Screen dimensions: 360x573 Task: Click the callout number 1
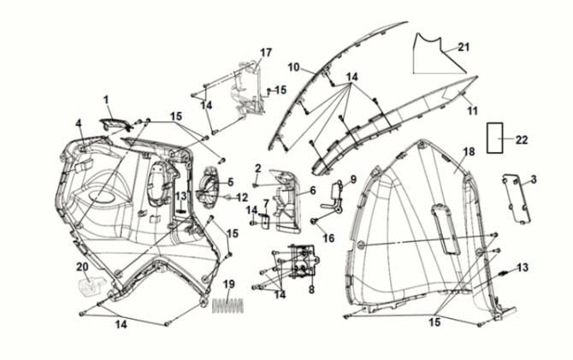tap(107, 100)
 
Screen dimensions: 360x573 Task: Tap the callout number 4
tap(78, 124)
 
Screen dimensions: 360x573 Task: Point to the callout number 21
tap(464, 47)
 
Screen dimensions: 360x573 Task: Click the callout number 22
tap(522, 138)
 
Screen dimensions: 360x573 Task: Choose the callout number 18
tap(468, 151)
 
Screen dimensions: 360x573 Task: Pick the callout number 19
tap(228, 284)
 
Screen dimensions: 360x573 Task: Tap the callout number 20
tap(82, 267)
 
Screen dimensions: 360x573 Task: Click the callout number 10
tap(292, 67)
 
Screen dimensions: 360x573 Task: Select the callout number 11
tap(470, 110)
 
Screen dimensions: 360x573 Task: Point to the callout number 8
tap(310, 290)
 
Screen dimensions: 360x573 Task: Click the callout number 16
tap(328, 238)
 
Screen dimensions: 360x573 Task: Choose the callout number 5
tap(229, 181)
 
